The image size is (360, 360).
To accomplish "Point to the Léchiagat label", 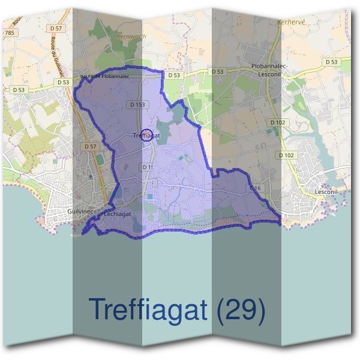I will click(118, 213).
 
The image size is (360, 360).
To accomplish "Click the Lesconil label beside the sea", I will click(328, 192).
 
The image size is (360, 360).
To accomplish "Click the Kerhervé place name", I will click(292, 22).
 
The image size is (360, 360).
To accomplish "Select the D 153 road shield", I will click(137, 104).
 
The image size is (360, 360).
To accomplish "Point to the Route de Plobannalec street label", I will click(105, 76).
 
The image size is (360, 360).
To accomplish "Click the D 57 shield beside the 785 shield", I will click(56, 28).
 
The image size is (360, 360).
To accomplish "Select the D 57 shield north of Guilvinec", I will click(91, 146).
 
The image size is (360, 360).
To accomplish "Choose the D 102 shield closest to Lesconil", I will click(287, 155).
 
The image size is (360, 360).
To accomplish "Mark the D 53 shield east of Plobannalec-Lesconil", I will click(331, 62).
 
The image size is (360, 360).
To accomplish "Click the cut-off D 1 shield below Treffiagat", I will click(147, 167).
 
